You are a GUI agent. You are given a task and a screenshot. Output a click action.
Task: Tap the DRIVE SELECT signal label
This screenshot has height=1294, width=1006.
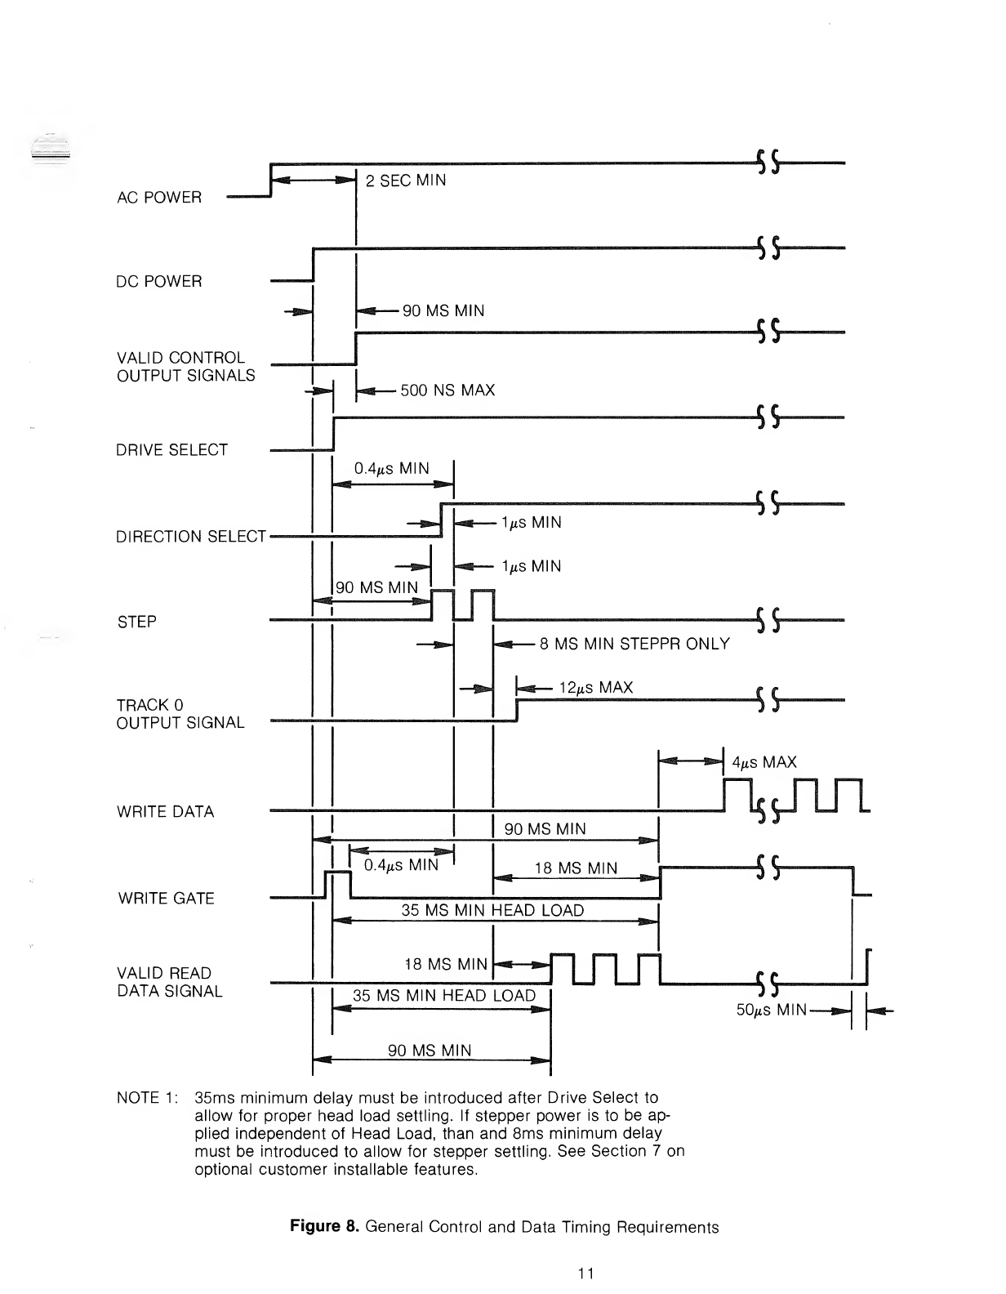171,450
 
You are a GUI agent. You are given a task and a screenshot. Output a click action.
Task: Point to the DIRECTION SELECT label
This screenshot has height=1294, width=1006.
191,537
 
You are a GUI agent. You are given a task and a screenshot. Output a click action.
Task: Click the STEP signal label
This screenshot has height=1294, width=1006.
136,622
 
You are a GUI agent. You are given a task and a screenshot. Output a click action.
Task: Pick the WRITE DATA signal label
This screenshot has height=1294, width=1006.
165,812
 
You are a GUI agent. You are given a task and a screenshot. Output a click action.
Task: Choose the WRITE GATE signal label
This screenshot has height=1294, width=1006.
166,899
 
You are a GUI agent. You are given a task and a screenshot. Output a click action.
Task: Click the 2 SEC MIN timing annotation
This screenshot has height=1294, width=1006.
406,181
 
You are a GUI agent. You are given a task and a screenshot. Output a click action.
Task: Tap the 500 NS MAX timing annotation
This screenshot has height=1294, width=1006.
447,390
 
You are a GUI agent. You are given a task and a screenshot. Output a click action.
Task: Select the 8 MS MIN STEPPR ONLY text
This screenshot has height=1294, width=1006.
634,644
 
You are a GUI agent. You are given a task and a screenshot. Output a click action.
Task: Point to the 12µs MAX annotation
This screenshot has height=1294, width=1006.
596,688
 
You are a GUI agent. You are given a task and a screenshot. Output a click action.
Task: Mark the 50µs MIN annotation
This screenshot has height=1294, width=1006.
772,1011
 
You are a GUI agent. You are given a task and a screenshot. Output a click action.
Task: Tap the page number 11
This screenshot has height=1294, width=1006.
584,1273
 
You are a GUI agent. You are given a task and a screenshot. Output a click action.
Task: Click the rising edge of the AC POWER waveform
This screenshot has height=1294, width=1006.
270,180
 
